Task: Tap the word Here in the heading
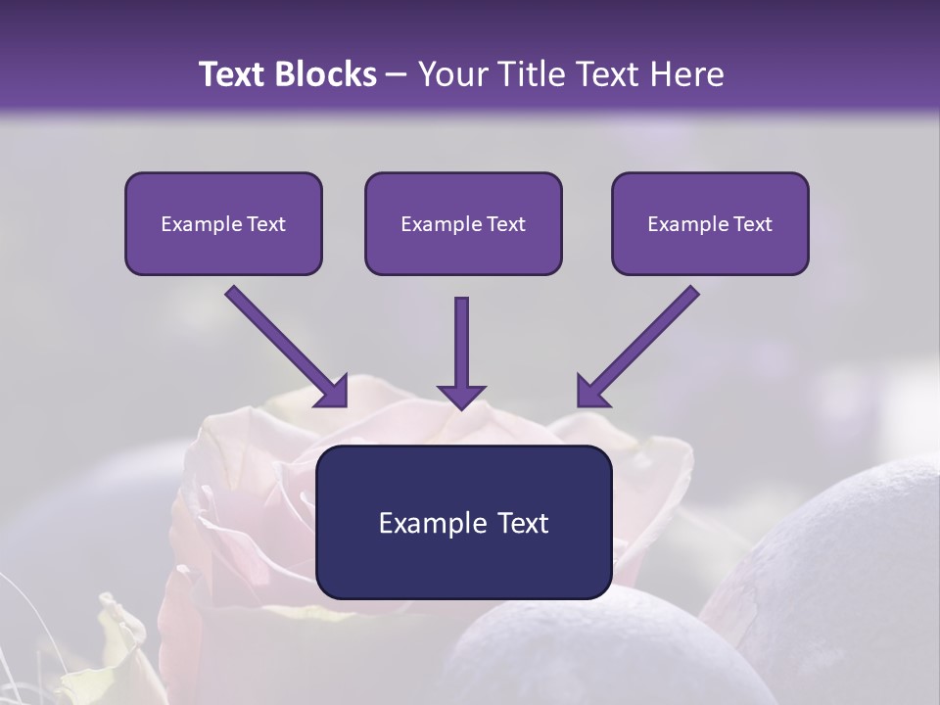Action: (685, 74)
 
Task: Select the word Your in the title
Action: (449, 74)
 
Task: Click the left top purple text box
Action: (223, 223)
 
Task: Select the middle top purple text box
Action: (463, 223)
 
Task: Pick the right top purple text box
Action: (710, 223)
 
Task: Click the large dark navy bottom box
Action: (463, 522)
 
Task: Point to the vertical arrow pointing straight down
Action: (461, 343)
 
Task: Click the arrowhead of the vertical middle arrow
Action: (461, 397)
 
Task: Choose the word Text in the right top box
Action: (752, 224)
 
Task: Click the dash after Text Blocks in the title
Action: (398, 74)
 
